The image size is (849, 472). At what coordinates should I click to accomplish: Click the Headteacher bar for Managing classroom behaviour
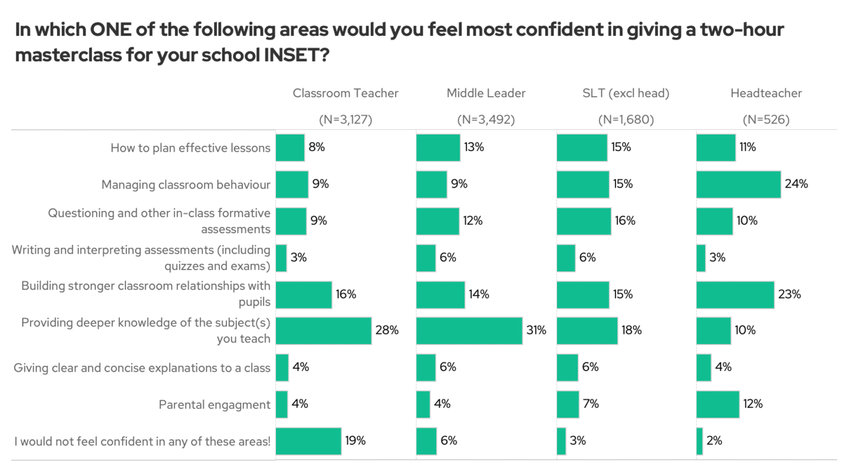click(738, 184)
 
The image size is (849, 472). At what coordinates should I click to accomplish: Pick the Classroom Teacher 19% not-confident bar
click(308, 441)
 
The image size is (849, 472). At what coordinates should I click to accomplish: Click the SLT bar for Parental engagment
click(568, 404)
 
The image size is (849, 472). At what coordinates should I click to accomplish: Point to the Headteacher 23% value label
click(789, 294)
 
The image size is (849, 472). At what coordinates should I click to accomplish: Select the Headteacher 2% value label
click(714, 441)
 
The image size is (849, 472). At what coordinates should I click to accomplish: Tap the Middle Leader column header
click(486, 93)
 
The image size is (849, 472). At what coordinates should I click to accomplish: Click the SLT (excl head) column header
click(626, 93)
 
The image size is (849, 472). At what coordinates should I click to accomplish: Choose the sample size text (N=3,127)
click(345, 120)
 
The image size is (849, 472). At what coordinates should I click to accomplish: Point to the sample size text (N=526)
click(766, 120)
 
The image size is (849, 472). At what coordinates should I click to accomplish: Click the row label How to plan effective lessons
click(190, 148)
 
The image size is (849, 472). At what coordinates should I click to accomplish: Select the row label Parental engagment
click(215, 405)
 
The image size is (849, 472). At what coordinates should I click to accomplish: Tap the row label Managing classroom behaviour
click(186, 185)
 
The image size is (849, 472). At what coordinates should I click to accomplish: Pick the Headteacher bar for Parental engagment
click(718, 404)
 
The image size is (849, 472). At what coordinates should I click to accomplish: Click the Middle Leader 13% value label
click(474, 147)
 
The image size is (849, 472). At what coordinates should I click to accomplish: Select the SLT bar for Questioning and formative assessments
click(584, 221)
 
